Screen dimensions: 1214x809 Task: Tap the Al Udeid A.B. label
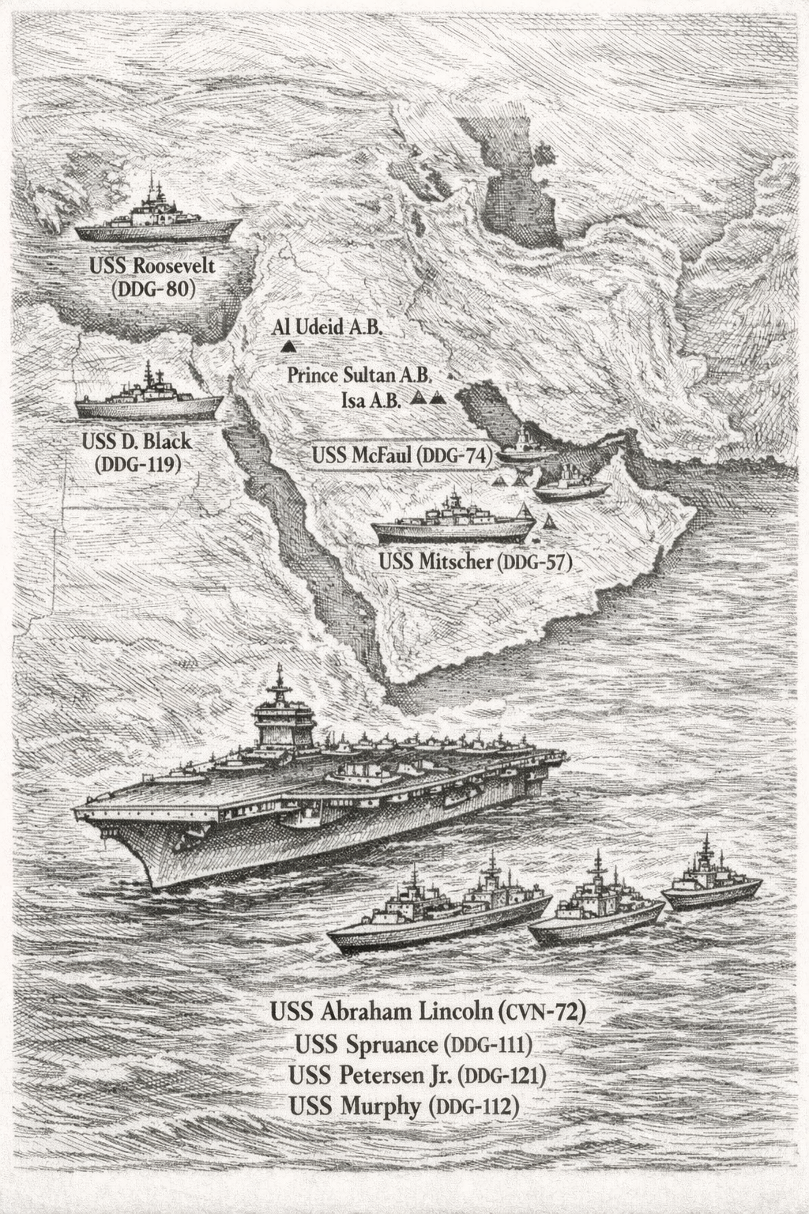click(x=327, y=327)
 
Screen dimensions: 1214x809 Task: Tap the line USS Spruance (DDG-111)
click(x=412, y=1045)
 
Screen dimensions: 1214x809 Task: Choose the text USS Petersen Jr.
click(x=371, y=1076)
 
